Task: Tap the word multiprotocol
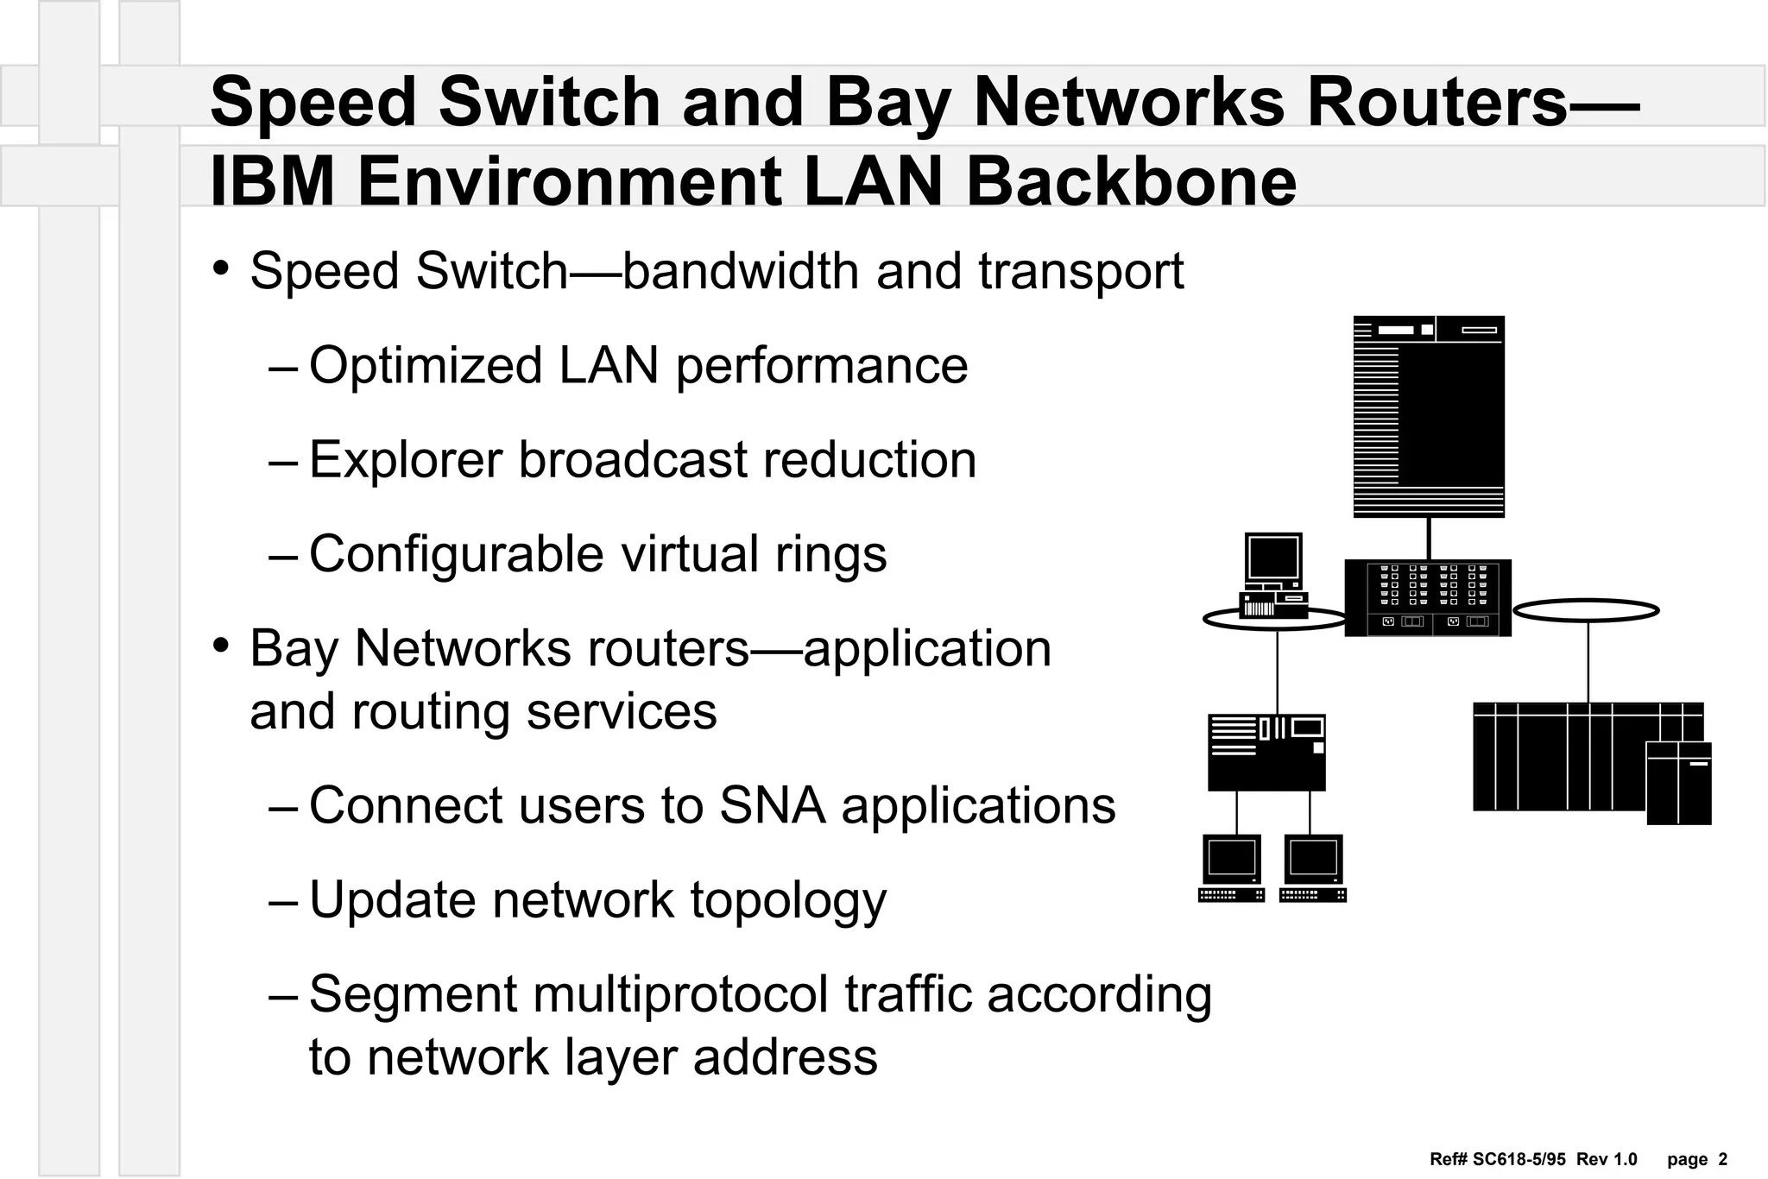click(x=681, y=994)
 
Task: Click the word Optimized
click(x=426, y=366)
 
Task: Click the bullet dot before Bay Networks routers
click(x=221, y=645)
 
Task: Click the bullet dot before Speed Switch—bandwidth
click(x=221, y=268)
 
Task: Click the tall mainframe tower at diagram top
click(x=1429, y=416)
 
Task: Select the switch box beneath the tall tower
click(x=1428, y=597)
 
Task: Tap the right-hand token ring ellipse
click(x=1586, y=610)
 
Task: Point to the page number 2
click(x=1722, y=1159)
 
